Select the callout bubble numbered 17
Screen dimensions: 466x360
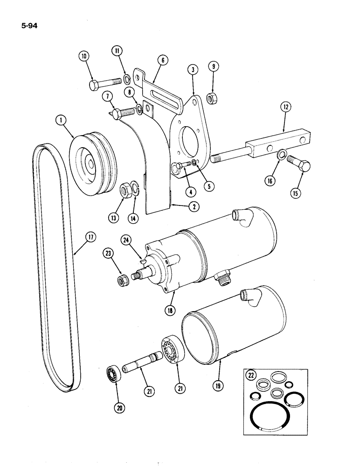click(x=90, y=238)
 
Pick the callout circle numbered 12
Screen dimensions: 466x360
click(x=285, y=108)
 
